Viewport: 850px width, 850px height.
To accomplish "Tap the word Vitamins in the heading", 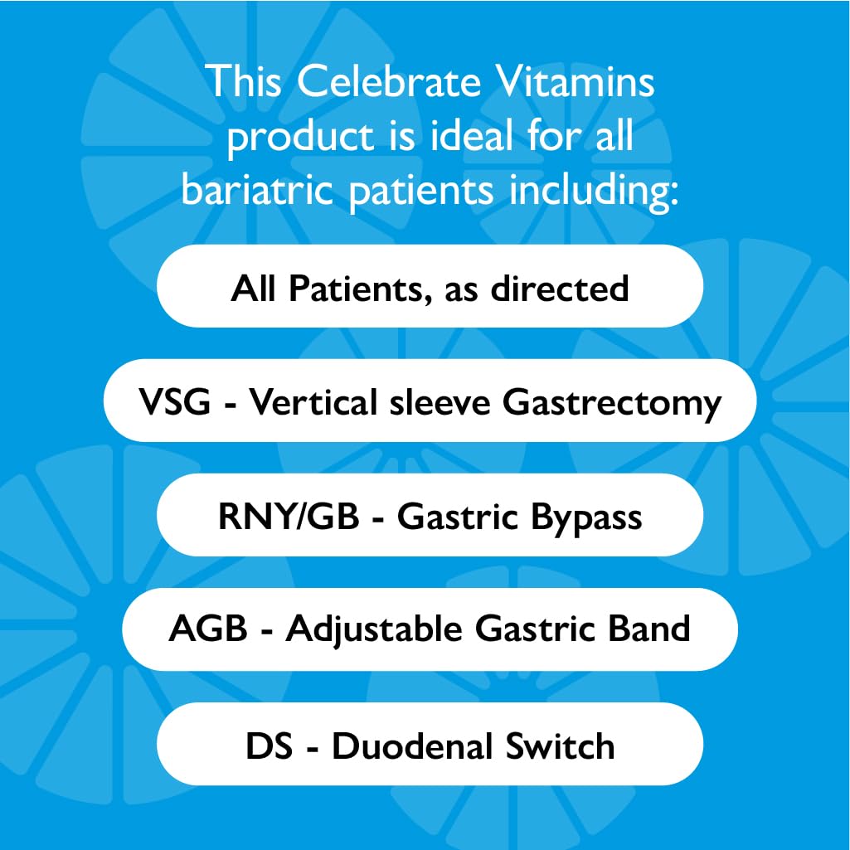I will coord(580,83).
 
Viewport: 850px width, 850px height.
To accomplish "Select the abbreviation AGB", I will coord(208,629).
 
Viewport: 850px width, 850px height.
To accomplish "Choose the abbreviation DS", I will coord(269,746).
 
